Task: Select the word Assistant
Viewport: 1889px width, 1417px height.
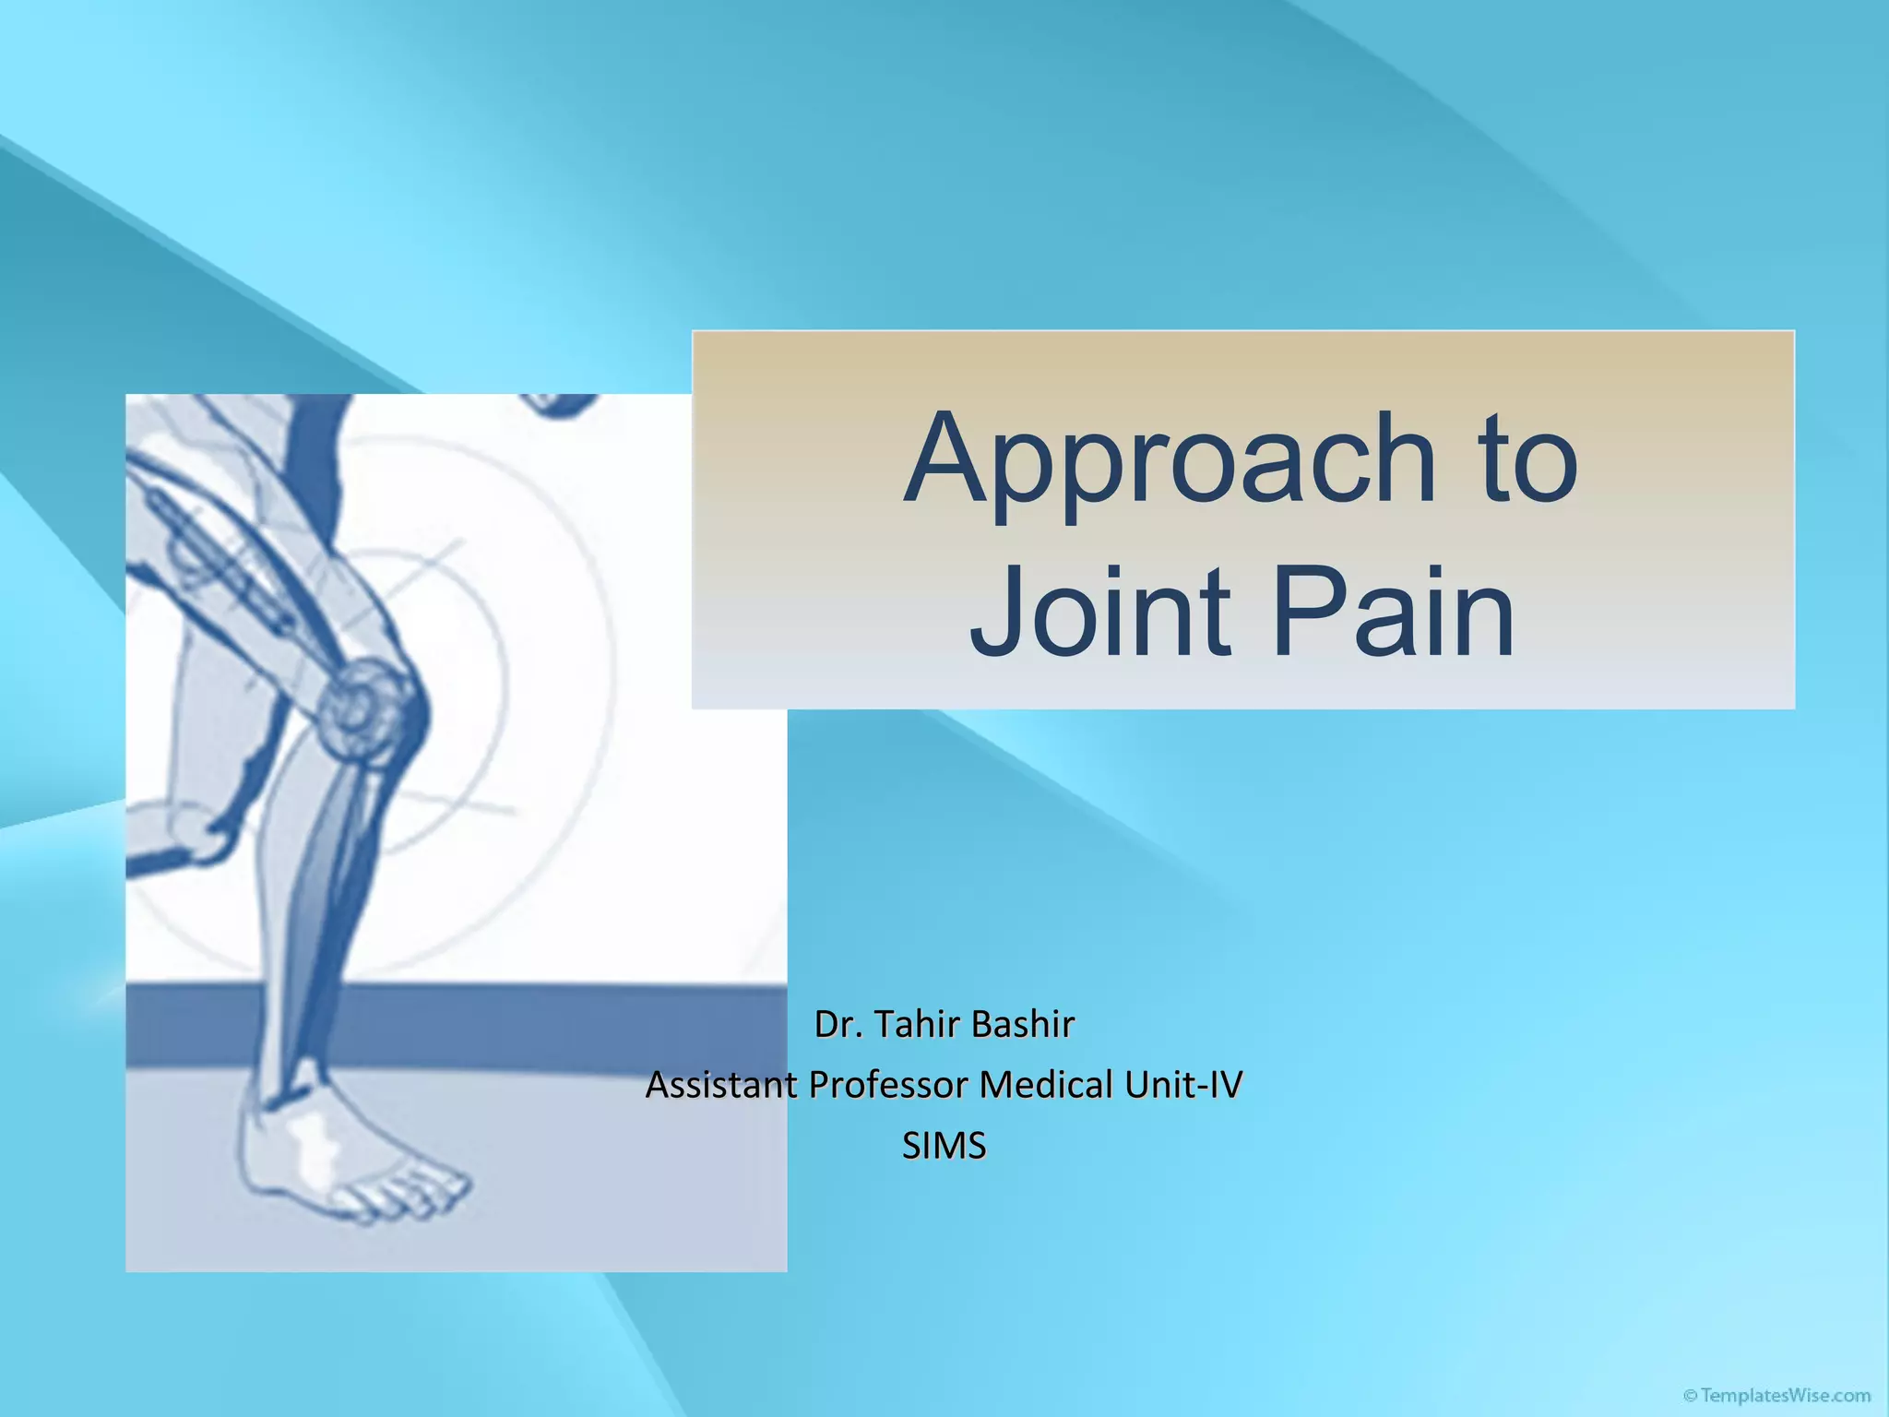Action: coord(721,1086)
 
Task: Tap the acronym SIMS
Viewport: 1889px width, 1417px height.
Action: coord(944,1147)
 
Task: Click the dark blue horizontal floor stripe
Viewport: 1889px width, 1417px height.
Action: coord(553,1024)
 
